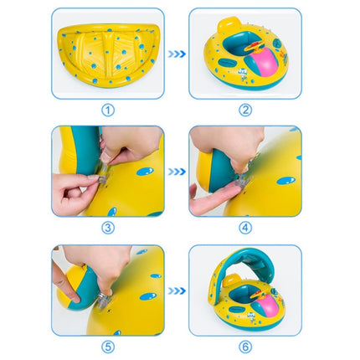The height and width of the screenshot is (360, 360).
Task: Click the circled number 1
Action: pyautogui.click(x=107, y=109)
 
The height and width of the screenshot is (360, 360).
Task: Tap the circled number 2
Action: pyautogui.click(x=245, y=109)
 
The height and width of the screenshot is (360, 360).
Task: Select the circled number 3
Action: pyautogui.click(x=107, y=228)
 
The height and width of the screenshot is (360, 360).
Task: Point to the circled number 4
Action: pyautogui.click(x=245, y=228)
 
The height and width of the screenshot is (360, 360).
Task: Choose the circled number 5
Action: pyautogui.click(x=107, y=346)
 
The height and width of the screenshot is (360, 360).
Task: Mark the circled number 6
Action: pyautogui.click(x=245, y=346)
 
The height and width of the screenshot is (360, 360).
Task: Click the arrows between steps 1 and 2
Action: pyautogui.click(x=177, y=54)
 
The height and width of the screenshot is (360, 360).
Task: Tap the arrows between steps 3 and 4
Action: pyautogui.click(x=177, y=172)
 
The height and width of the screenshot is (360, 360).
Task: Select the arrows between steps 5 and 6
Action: pyautogui.click(x=177, y=290)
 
